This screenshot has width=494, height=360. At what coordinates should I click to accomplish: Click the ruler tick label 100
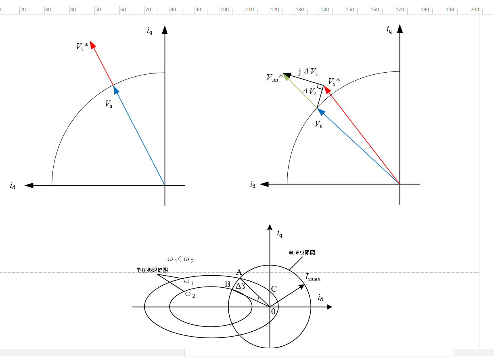[x=224, y=10]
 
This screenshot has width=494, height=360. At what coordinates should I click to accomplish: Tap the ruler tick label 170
[x=400, y=10]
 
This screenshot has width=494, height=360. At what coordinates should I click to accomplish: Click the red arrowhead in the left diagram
[x=93, y=45]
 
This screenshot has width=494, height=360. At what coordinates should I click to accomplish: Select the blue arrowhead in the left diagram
[x=116, y=90]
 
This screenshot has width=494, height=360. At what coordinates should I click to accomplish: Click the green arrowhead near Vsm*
[x=286, y=77]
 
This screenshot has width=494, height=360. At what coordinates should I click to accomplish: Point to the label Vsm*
[x=274, y=77]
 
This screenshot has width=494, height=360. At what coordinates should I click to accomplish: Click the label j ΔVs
[x=308, y=71]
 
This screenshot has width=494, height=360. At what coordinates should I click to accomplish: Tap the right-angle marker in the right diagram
[x=320, y=86]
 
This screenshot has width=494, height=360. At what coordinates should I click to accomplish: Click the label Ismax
[x=312, y=277]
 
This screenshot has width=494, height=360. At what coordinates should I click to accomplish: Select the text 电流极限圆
[x=302, y=253]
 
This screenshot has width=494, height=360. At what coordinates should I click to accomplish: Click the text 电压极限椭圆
[x=152, y=270]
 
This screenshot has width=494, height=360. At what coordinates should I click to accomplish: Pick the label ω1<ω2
[x=180, y=260]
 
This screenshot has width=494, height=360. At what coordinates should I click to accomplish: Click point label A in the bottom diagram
[x=239, y=272]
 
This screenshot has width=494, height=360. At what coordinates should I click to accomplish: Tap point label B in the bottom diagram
[x=227, y=284]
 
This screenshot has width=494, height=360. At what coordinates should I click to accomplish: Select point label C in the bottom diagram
[x=274, y=289]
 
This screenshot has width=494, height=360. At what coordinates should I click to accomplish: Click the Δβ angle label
[x=240, y=287]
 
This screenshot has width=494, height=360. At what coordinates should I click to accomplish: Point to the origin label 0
[x=273, y=312]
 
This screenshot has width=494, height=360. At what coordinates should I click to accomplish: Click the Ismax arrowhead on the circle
[x=301, y=287]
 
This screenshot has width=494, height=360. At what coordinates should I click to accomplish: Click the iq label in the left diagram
[x=149, y=31]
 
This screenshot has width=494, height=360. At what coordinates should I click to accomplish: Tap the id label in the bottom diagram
[x=320, y=298]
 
